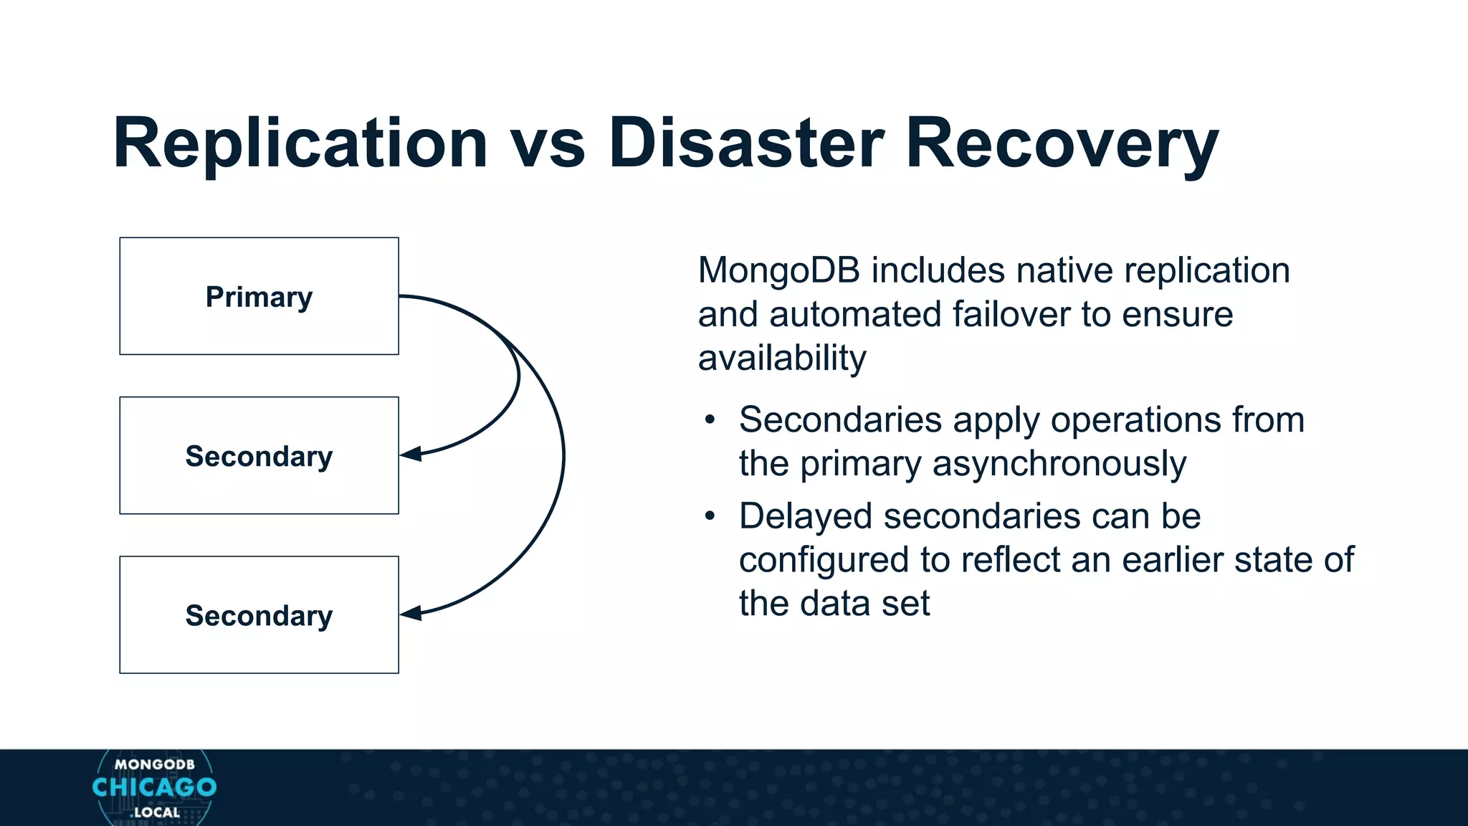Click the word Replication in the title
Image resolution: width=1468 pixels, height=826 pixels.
coord(300,143)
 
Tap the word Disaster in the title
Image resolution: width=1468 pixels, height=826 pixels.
coord(745,143)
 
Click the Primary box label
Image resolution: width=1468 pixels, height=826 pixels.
coord(259,297)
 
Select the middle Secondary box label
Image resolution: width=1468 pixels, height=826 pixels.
coord(259,456)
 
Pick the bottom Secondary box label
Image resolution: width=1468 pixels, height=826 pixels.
coord(259,615)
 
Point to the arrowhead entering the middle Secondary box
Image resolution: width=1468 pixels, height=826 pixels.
coord(411,454)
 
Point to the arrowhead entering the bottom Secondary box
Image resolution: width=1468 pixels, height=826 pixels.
coord(411,613)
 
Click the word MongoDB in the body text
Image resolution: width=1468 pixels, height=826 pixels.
coord(778,271)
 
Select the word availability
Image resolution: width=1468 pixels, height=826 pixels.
coord(782,359)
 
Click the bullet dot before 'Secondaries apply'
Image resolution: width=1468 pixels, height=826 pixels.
coord(710,420)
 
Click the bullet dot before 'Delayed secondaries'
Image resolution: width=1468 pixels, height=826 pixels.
coord(710,516)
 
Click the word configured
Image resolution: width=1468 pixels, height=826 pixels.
coord(823,560)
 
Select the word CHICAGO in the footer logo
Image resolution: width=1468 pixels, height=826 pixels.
coord(154,787)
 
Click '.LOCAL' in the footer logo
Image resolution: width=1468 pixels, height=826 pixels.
coord(155,812)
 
